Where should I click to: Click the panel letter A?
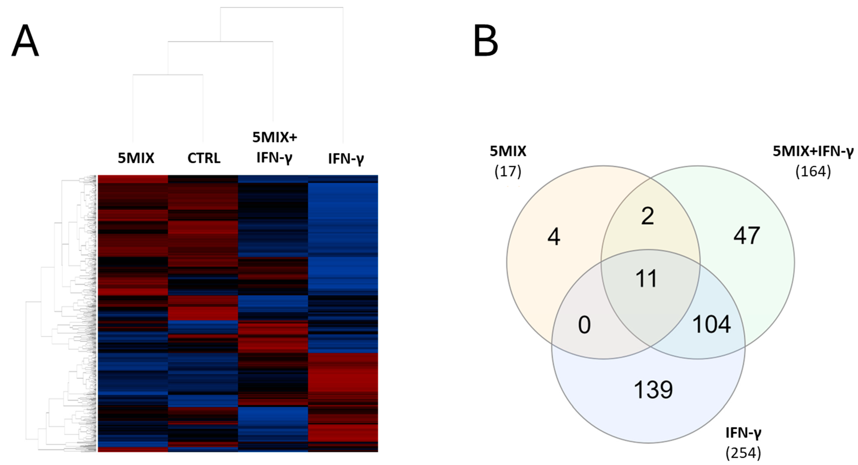(x=25, y=41)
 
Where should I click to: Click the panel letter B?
(x=486, y=41)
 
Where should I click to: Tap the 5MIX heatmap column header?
(x=136, y=158)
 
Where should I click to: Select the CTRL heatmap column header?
(x=204, y=158)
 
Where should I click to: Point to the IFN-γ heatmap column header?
(x=346, y=159)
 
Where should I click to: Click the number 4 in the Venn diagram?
(x=554, y=237)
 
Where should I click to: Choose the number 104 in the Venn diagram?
(x=711, y=324)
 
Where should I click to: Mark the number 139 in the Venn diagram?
(x=653, y=390)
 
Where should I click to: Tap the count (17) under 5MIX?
(x=508, y=171)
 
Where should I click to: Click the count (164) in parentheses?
(x=813, y=171)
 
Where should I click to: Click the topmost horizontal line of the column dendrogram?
(x=281, y=7)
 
